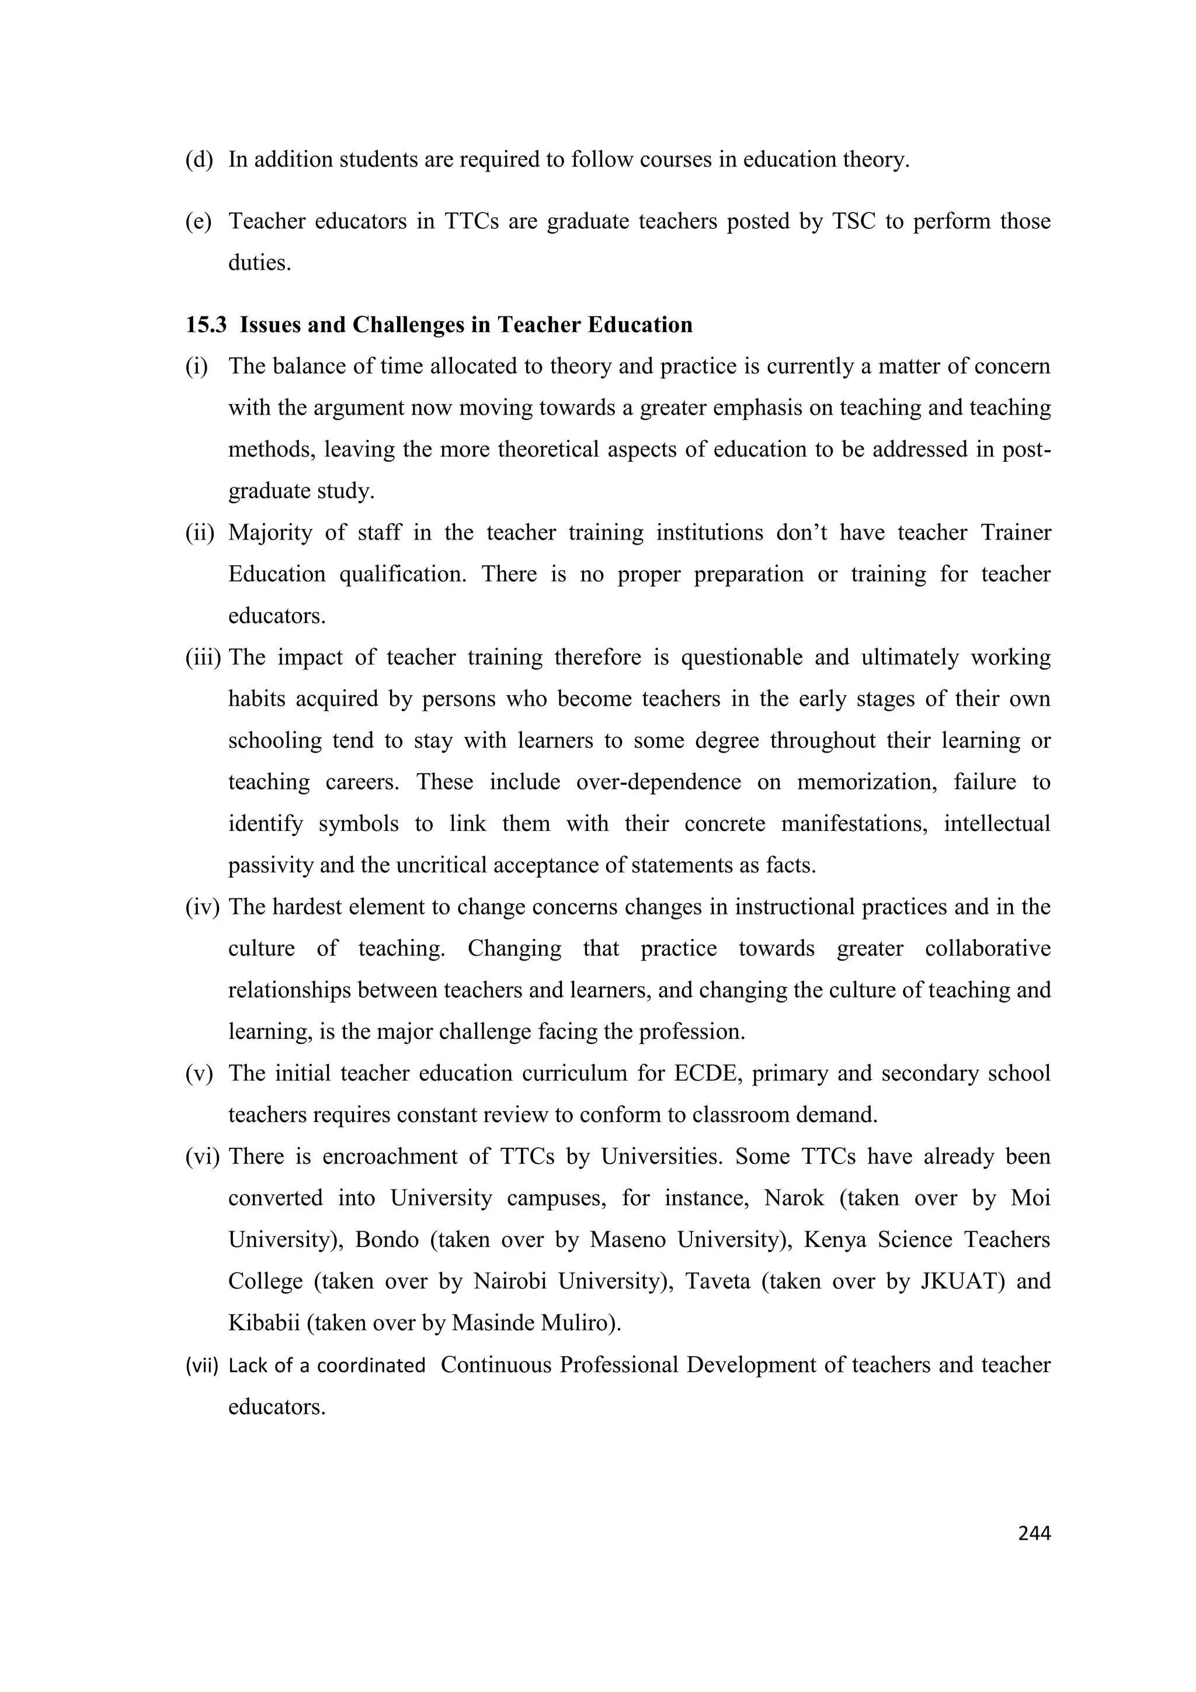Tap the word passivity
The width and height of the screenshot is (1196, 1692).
pos(270,865)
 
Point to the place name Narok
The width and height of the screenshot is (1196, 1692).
pos(794,1198)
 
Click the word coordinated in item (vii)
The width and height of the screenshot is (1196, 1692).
pos(371,1366)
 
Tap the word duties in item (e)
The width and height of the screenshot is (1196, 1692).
pos(259,263)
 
